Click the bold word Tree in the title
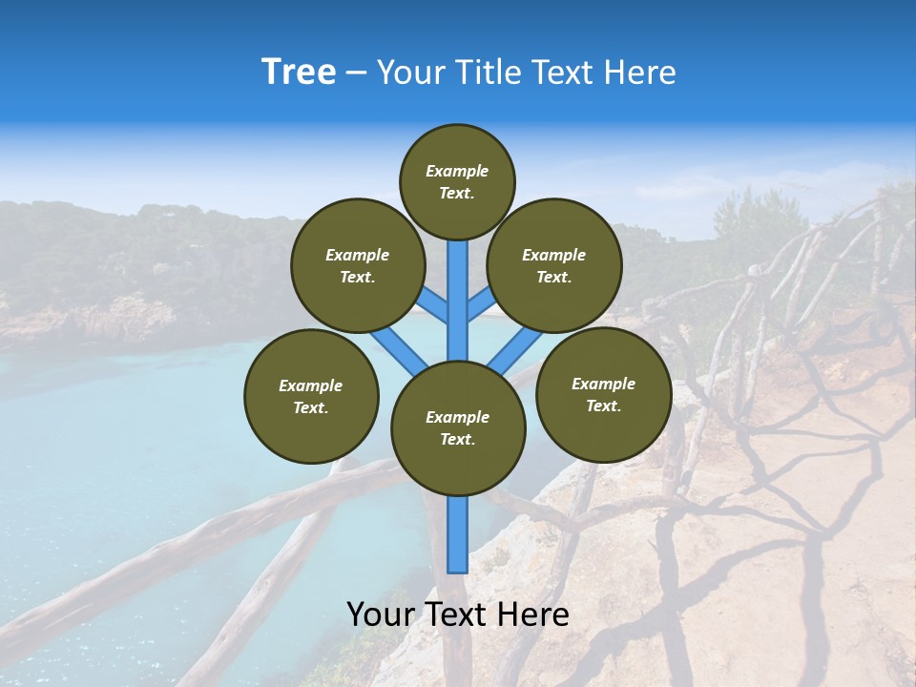click(x=299, y=73)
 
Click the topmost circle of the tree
click(x=457, y=181)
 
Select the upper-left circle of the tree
click(x=358, y=265)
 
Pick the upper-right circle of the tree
click(x=554, y=265)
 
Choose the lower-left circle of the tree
click(x=311, y=396)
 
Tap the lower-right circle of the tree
click(x=603, y=394)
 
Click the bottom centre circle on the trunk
click(x=458, y=428)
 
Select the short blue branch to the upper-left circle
click(x=435, y=306)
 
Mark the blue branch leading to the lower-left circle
click(x=398, y=351)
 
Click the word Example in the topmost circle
click(x=457, y=172)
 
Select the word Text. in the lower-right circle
click(x=603, y=406)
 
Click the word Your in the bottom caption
click(x=381, y=615)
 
